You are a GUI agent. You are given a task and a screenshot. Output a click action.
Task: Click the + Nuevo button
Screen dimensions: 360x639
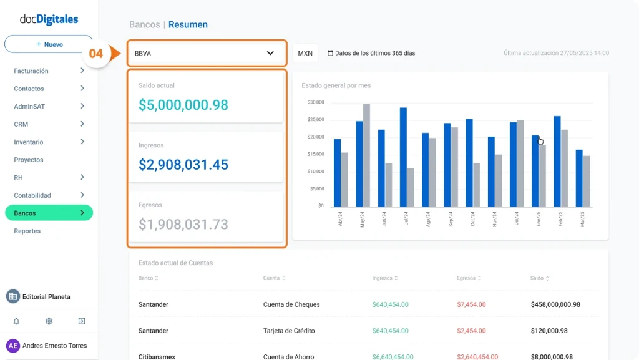pos(49,44)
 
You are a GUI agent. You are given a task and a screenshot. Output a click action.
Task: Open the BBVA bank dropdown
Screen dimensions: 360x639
pos(206,54)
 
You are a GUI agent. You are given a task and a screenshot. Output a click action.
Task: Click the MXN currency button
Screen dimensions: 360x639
pos(305,54)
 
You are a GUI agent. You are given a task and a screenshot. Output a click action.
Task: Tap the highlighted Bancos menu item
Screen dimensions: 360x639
pos(49,213)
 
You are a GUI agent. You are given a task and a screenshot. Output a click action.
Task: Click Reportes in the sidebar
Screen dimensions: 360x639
pos(27,231)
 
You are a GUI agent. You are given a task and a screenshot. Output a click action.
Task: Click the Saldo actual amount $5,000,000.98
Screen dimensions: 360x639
pos(183,105)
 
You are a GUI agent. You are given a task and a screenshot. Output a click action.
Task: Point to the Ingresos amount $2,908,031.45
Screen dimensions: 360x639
pos(183,165)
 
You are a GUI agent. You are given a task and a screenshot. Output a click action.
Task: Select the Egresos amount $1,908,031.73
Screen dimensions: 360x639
pos(183,224)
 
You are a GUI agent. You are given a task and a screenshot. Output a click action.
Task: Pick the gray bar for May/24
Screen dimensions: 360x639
pos(367,155)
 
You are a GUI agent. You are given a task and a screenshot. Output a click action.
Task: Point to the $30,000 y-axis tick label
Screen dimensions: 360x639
pos(316,102)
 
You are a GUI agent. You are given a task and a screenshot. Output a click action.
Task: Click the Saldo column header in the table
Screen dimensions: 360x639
pos(537,278)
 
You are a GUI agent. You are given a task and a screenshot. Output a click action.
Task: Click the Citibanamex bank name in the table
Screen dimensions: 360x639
pos(157,356)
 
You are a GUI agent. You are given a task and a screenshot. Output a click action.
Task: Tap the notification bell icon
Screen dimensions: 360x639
pos(16,321)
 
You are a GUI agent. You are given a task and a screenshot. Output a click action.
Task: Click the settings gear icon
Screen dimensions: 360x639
pos(49,321)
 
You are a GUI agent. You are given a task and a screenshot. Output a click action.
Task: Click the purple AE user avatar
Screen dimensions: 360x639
pos(13,346)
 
